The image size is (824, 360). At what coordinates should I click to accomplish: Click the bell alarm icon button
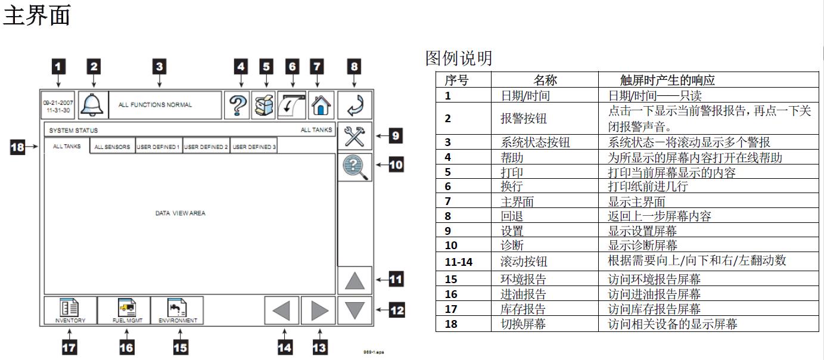(93, 105)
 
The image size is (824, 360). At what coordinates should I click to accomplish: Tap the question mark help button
(238, 105)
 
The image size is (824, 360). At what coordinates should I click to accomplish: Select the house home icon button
(321, 105)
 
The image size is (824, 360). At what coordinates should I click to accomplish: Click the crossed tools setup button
(355, 136)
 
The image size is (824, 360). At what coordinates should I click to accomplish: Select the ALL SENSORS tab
(112, 147)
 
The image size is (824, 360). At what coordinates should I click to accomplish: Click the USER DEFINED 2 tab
(206, 147)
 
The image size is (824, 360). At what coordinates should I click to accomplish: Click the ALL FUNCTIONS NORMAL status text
(156, 105)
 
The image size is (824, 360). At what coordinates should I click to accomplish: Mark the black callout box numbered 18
(18, 146)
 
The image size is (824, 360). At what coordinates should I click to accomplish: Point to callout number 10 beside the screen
(396, 164)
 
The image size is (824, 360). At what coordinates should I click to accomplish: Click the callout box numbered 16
(126, 347)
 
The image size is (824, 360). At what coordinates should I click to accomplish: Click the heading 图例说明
(459, 58)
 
